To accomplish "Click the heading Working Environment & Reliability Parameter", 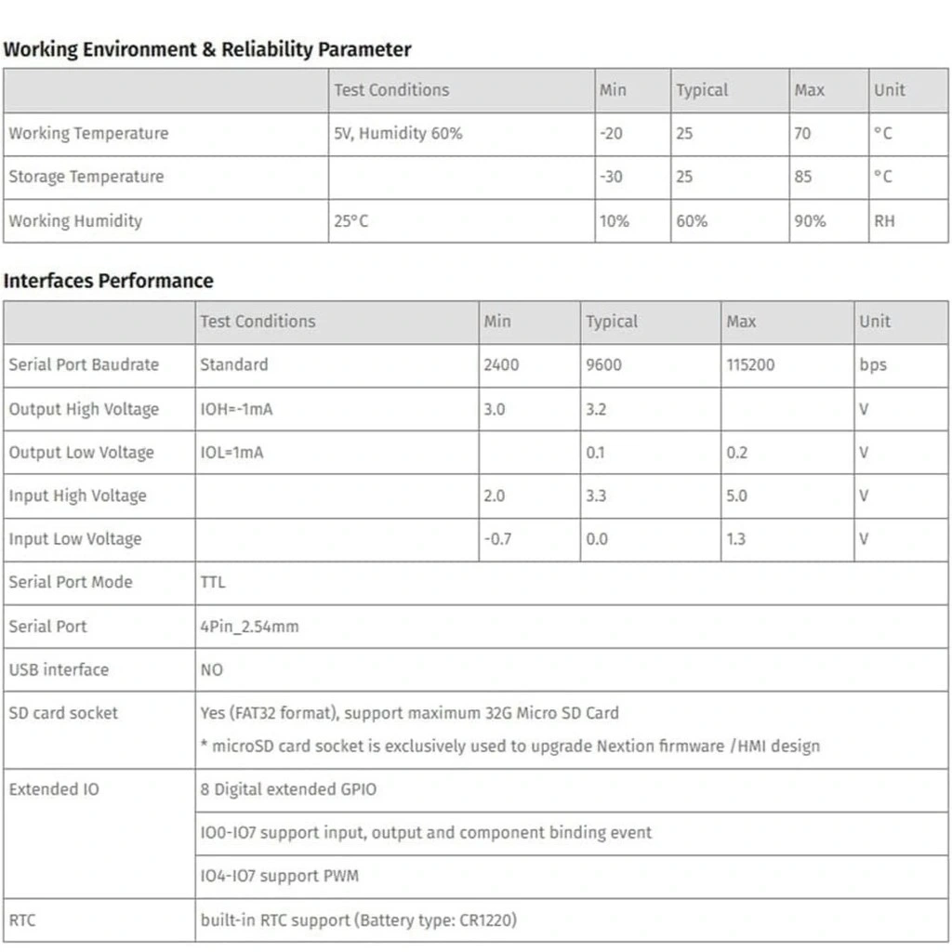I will click(x=206, y=49).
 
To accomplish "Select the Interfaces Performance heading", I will click(x=108, y=281).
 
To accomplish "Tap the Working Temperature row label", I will click(x=88, y=133).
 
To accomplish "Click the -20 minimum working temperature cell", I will click(x=612, y=133).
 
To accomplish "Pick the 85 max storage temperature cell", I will click(x=803, y=177).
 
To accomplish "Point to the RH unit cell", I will click(x=884, y=221).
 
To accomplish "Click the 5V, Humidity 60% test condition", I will click(x=398, y=133).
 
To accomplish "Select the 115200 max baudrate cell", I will click(x=750, y=364).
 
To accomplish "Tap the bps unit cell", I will click(x=873, y=364).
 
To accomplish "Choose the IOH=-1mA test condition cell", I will click(x=236, y=409).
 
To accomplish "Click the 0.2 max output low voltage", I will click(x=736, y=453).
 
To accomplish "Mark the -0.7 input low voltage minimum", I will click(x=497, y=539).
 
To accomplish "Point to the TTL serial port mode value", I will click(x=213, y=582).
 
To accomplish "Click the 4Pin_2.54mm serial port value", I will click(x=249, y=627).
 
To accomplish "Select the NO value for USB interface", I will click(x=212, y=669).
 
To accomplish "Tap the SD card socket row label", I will click(x=63, y=713).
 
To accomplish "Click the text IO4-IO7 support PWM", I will click(x=279, y=876).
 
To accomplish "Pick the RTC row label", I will click(x=22, y=920).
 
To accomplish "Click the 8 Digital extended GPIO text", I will click(x=288, y=789).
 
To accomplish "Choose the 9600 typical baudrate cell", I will click(x=604, y=364).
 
